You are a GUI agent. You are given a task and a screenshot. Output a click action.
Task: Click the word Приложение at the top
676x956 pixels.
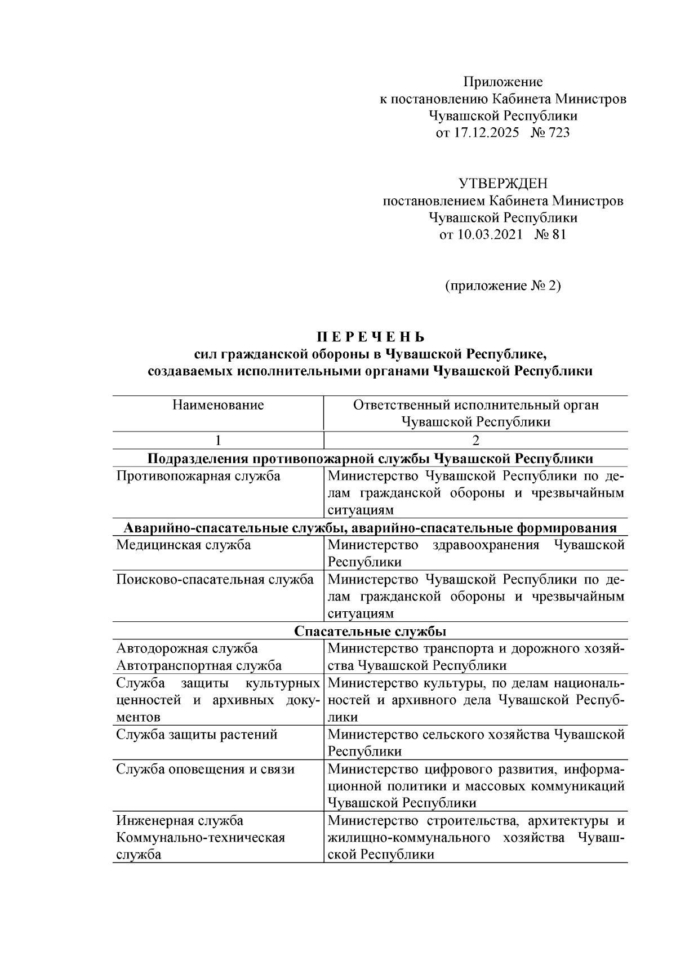click(x=502, y=82)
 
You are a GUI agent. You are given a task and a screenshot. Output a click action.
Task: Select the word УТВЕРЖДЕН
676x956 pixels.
click(x=502, y=184)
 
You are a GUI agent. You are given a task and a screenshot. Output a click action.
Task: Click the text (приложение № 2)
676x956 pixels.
click(x=502, y=286)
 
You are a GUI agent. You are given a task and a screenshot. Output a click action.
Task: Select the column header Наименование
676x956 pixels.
click(x=218, y=405)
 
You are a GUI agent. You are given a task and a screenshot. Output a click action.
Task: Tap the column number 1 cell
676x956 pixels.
click(x=218, y=440)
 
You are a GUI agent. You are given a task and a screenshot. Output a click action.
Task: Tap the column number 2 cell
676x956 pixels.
click(x=475, y=440)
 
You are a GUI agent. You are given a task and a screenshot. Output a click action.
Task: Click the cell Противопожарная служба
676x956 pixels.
click(x=198, y=476)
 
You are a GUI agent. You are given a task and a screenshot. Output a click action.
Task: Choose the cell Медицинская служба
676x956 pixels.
click(x=183, y=545)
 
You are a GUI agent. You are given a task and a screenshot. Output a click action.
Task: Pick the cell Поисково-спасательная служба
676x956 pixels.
click(x=215, y=580)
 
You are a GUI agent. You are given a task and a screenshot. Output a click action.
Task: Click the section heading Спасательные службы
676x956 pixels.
click(x=370, y=631)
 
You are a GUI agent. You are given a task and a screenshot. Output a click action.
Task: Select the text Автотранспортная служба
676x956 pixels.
click(x=199, y=666)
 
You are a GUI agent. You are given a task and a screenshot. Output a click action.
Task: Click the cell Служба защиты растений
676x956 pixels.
click(x=197, y=735)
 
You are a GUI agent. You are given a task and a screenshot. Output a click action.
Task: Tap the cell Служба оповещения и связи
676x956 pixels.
click(x=205, y=769)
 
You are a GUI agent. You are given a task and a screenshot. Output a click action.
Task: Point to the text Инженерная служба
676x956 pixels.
click(x=180, y=820)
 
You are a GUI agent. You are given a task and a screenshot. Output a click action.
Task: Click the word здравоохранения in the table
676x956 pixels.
click(x=486, y=545)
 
